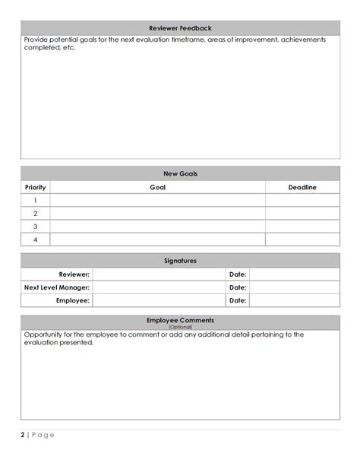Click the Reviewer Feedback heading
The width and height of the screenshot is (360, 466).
tap(180, 27)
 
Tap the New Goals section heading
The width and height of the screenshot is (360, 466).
tap(180, 173)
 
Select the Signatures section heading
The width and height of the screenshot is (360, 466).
tap(180, 261)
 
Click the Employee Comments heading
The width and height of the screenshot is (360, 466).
tap(180, 320)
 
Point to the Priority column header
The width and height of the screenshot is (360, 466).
tap(35, 187)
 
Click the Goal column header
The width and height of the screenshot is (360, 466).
tap(157, 187)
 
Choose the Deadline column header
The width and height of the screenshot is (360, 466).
tap(302, 187)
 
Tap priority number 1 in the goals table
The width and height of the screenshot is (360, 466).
tap(35, 201)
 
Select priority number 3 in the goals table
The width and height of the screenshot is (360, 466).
tap(35, 227)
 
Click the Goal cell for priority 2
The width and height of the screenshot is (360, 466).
tap(157, 214)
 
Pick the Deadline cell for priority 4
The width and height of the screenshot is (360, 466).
tap(302, 239)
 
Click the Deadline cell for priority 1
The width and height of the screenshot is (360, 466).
tap(302, 201)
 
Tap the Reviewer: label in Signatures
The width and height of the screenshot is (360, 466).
tap(74, 274)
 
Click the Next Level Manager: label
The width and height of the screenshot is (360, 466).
tap(57, 287)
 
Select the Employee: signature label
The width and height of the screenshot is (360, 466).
tap(74, 300)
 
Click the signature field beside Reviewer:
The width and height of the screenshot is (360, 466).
tap(159, 274)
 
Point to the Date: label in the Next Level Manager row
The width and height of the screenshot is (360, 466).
tap(237, 287)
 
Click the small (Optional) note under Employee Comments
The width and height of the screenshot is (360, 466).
tap(180, 327)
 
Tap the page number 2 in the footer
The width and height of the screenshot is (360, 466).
tap(23, 435)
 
